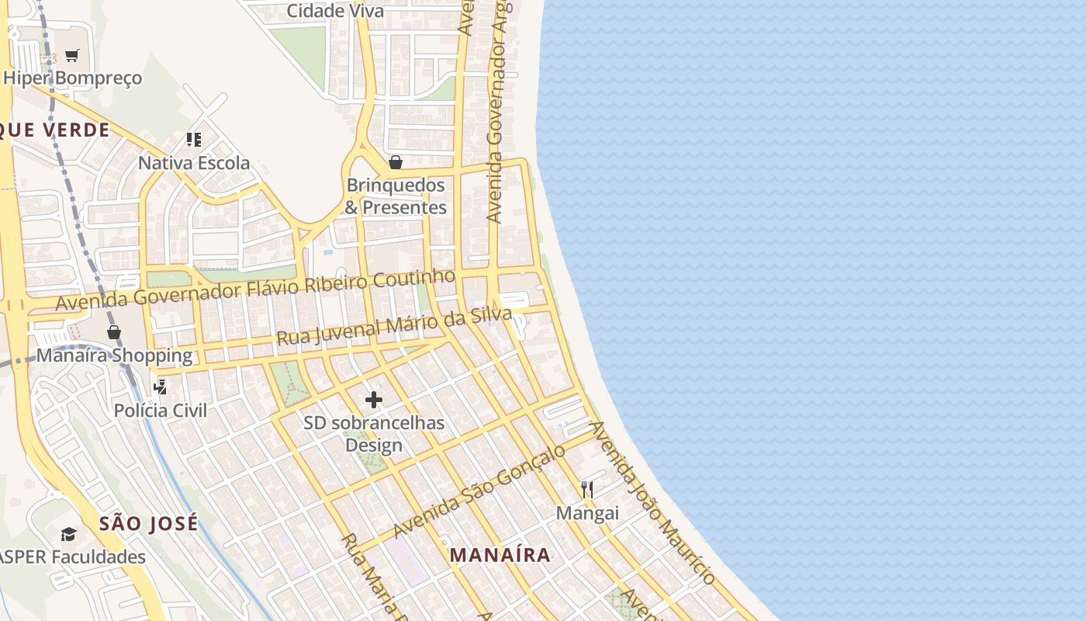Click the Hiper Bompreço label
click(73, 78)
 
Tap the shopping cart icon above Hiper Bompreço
click(72, 55)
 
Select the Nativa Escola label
click(194, 163)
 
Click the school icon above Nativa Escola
click(194, 140)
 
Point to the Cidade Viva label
click(335, 11)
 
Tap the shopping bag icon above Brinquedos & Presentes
click(396, 161)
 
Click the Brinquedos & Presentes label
click(396, 196)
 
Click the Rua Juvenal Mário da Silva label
click(394, 326)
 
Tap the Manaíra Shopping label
click(114, 356)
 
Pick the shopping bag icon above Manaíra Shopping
click(114, 332)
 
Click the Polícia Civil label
click(161, 410)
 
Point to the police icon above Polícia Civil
click(161, 386)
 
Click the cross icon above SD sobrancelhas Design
click(374, 400)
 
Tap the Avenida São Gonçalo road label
click(479, 491)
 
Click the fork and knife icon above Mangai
click(587, 489)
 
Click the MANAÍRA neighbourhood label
click(500, 555)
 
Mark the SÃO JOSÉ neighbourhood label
click(149, 523)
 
